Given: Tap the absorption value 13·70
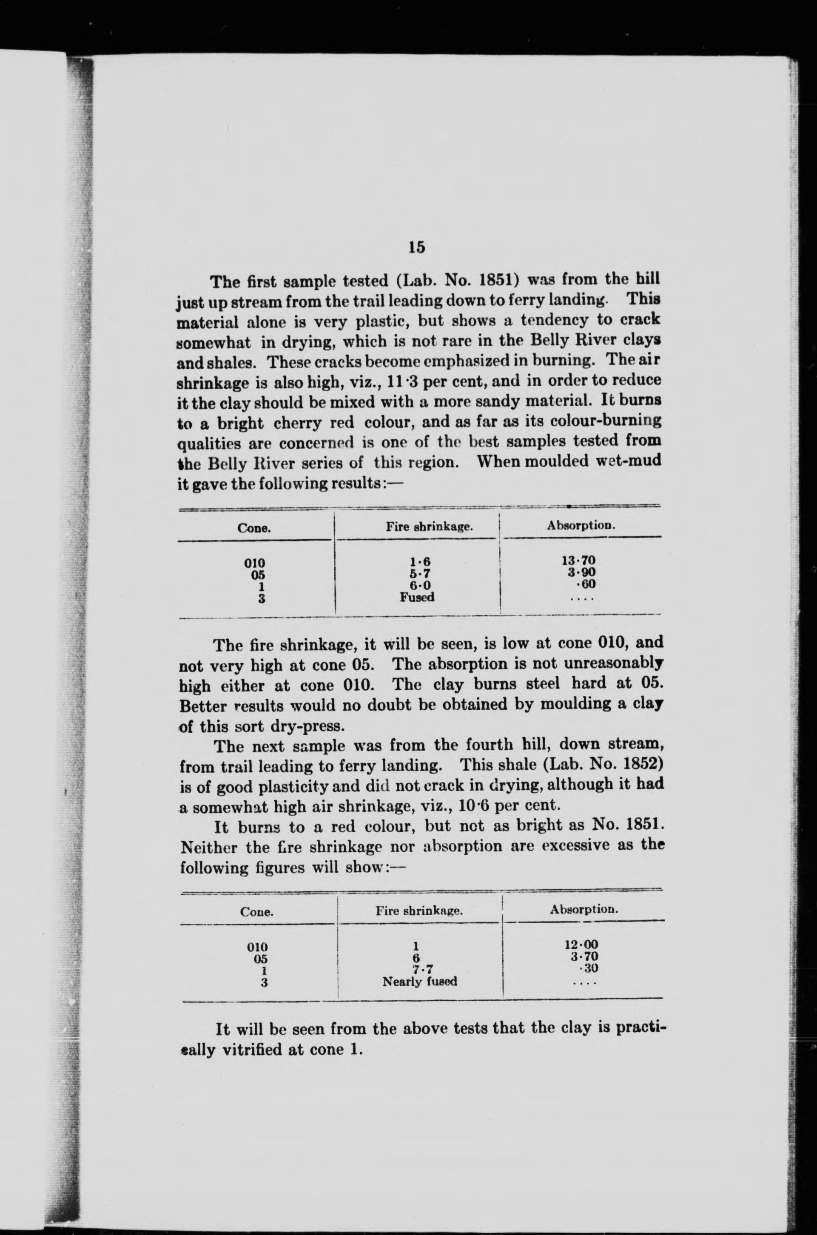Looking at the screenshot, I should click(578, 561).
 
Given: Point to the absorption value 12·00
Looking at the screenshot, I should click(581, 945).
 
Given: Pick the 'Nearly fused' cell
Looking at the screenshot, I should click(419, 982).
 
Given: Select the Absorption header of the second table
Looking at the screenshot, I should click(584, 910).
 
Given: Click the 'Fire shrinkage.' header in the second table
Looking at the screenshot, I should click(419, 911).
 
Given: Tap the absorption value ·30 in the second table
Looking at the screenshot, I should click(588, 969).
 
